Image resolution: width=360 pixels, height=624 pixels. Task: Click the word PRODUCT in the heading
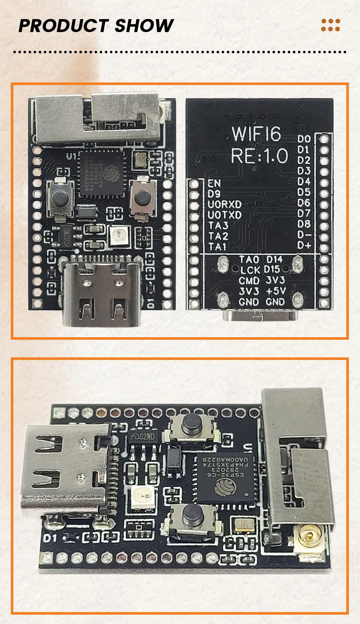63,26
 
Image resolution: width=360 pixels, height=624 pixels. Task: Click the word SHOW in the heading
144,26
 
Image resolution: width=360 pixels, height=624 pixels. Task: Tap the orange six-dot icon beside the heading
330,25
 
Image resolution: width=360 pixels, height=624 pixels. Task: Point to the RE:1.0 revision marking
259,156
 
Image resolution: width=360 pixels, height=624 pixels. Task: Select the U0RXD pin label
225,204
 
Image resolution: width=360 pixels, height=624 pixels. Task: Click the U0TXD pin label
225,215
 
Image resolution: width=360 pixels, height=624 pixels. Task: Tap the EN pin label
214,183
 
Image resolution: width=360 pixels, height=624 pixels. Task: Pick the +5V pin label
276,291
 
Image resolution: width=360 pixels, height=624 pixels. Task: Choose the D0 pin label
304,139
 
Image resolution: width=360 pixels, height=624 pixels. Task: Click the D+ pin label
304,245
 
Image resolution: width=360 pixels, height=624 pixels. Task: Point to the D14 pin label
274,259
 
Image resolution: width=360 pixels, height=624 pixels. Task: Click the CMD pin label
249,280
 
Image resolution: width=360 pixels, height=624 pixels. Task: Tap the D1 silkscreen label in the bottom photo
50,538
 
